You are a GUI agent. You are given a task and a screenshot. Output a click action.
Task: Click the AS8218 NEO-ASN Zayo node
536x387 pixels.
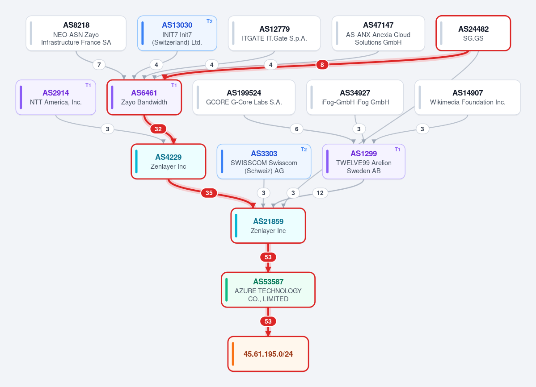pyautogui.click(x=76, y=33)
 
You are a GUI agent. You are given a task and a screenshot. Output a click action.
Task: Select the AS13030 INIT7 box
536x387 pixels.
pyautogui.click(x=177, y=33)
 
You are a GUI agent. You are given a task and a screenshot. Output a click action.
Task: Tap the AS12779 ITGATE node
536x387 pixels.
pyautogui.click(x=274, y=33)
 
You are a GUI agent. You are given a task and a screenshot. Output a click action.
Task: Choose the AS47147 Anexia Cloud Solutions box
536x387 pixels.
pyautogui.click(x=378, y=33)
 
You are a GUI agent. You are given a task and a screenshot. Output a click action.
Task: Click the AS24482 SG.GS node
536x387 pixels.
pyautogui.click(x=473, y=33)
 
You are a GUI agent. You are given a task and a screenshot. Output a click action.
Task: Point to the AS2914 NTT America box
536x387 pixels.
pyautogui.click(x=56, y=97)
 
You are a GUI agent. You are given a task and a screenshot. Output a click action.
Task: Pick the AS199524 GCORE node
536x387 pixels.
pyautogui.click(x=244, y=97)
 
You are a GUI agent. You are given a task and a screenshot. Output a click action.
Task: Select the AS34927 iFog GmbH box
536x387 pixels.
pyautogui.click(x=355, y=97)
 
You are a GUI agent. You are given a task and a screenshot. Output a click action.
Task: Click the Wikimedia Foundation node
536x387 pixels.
pyautogui.click(x=468, y=97)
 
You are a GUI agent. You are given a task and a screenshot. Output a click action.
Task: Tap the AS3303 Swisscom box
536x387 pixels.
pyautogui.click(x=264, y=162)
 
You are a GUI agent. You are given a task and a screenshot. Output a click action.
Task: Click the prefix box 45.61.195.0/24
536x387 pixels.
pyautogui.click(x=268, y=354)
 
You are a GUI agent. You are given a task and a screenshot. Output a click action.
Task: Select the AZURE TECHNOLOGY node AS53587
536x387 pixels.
pyautogui.click(x=268, y=290)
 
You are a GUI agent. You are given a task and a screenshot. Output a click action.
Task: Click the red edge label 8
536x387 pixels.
pyautogui.click(x=322, y=64)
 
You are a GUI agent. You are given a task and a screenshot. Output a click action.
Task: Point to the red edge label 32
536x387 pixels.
pyautogui.click(x=158, y=129)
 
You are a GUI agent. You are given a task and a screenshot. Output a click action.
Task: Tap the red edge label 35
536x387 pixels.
pyautogui.click(x=209, y=193)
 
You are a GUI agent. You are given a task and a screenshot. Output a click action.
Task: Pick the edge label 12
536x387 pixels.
pyautogui.click(x=320, y=193)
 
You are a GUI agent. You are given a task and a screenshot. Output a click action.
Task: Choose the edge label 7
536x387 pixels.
pyautogui.click(x=99, y=64)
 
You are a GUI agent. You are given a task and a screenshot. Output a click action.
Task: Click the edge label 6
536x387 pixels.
pyautogui.click(x=297, y=129)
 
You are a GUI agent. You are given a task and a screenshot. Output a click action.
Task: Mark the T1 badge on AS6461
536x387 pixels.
pyautogui.click(x=174, y=85)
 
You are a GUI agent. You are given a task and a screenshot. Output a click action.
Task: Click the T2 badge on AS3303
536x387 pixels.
pyautogui.click(x=304, y=150)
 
